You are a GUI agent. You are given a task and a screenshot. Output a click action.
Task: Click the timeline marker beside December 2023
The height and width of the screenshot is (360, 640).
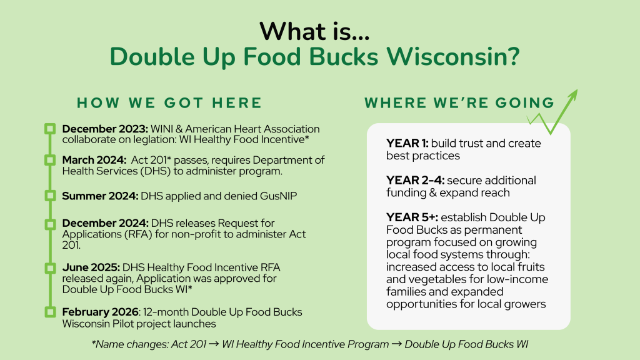pyautogui.click(x=51, y=129)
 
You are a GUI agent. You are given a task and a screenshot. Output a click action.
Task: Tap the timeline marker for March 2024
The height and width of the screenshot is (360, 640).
pyautogui.click(x=51, y=161)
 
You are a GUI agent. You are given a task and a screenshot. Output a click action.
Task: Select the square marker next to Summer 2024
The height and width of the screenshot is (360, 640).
pyautogui.click(x=51, y=196)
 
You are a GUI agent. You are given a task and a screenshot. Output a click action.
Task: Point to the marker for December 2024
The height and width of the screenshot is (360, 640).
pyautogui.click(x=51, y=223)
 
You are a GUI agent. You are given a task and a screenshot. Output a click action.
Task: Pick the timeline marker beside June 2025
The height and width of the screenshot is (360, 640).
pyautogui.click(x=51, y=268)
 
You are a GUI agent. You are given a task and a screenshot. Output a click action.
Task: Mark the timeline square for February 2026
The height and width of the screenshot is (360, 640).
pyautogui.click(x=51, y=312)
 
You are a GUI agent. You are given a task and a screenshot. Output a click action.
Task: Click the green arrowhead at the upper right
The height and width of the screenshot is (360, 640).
pyautogui.click(x=572, y=96)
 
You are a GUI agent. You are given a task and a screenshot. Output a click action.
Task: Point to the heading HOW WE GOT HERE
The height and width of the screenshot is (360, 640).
pyautogui.click(x=169, y=103)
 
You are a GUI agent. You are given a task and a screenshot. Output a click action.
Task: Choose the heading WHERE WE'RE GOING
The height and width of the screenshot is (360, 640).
pyautogui.click(x=459, y=103)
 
